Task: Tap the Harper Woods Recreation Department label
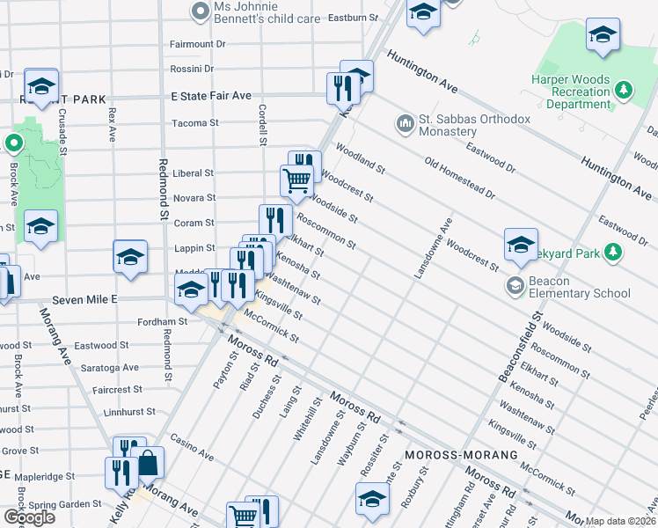tap(571, 92)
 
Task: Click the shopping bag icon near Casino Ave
tap(150, 462)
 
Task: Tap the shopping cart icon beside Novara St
tap(296, 180)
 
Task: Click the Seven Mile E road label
tap(84, 300)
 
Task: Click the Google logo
tap(29, 517)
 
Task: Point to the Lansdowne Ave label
tap(432, 249)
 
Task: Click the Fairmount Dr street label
tap(198, 43)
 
